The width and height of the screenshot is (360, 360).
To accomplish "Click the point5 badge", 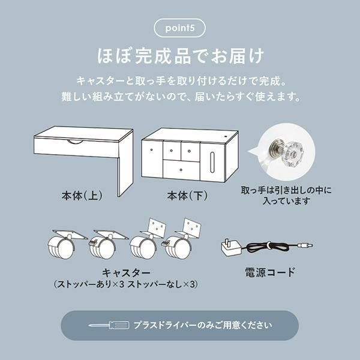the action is coord(179,28).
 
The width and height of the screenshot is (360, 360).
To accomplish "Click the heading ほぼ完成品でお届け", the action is coord(181,56).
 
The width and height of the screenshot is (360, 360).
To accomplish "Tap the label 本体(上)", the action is coord(82,196).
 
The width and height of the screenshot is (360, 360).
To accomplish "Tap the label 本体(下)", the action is coord(187,196).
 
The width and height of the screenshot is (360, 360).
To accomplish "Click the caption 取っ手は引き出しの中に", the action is coord(286,190).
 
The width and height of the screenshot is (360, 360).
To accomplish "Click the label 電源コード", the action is coord(270,272).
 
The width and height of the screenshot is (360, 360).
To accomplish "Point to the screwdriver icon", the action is coord(109,325).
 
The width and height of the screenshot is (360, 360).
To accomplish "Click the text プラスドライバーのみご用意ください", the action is coord(203,325).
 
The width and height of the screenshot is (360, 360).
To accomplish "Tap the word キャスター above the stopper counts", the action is coord(126,273).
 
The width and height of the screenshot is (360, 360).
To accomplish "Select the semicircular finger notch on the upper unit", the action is coord(74,141).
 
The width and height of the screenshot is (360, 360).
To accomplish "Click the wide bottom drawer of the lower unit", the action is coord(181,170).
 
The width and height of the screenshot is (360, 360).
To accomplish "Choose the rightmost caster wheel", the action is coord(178,248).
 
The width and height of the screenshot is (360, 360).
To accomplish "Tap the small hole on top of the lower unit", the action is coord(226,136).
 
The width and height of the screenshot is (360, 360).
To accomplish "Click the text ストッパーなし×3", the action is coord(161,284).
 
